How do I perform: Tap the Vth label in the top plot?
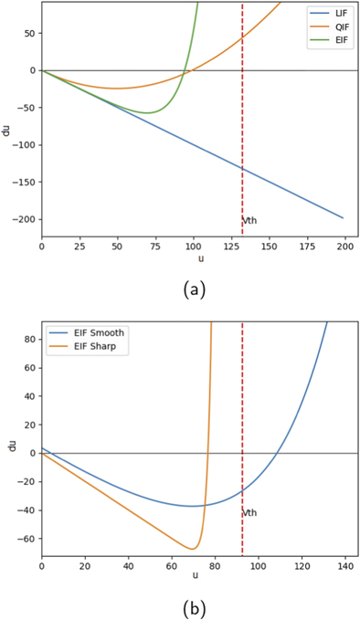click(x=249, y=222)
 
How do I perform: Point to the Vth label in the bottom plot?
click(x=249, y=513)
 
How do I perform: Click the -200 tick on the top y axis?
click(x=22, y=219)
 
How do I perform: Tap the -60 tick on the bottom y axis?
click(x=25, y=538)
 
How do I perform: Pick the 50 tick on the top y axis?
click(x=27, y=33)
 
